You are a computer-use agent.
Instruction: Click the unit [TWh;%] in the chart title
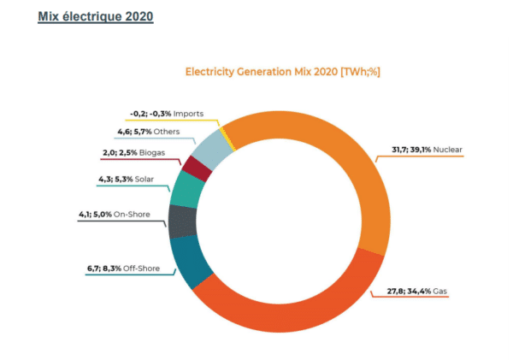point(360,71)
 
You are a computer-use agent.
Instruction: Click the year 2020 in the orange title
point(324,71)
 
